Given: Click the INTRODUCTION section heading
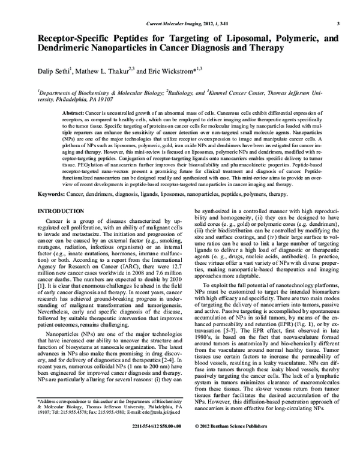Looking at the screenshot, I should [x=65, y=213].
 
